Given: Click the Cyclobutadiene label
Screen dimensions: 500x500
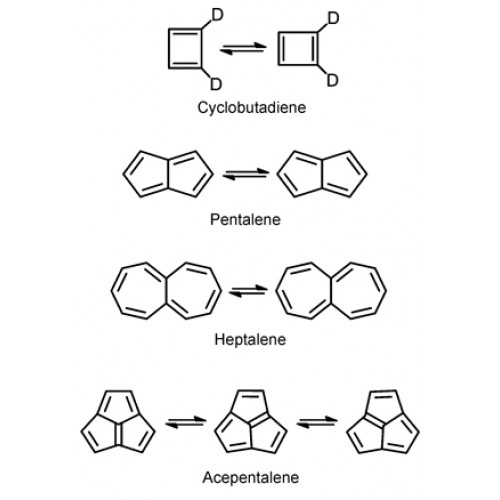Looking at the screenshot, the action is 252,108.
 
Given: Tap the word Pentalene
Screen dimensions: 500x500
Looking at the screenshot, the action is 245,220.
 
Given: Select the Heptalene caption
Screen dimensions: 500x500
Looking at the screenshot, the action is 250,340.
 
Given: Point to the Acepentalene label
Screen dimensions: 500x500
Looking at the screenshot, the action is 251,478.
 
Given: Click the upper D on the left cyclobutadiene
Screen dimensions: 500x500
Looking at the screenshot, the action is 217,15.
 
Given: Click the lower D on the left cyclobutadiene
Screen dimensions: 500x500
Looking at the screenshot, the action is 216,84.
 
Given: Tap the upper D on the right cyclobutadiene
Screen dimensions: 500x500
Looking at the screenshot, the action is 333,18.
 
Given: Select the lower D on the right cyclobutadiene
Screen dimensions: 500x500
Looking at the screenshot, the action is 332,81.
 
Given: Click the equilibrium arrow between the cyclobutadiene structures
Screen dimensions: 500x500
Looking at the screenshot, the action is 243,48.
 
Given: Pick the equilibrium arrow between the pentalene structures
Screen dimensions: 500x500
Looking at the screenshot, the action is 246,174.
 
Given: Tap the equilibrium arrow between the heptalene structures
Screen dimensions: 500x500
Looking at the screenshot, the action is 248,291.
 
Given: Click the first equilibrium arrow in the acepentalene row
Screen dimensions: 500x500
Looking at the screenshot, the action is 186,422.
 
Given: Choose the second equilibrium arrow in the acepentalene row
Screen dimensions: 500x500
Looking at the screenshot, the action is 317,422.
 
